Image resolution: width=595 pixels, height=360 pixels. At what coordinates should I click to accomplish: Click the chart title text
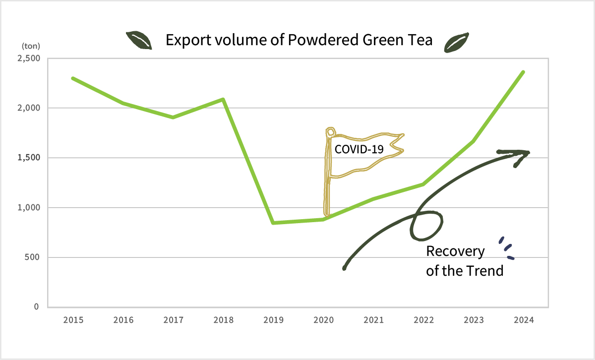point(299,40)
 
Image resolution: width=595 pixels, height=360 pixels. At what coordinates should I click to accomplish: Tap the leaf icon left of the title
point(139,40)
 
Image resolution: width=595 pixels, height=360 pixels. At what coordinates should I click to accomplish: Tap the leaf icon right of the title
point(457,42)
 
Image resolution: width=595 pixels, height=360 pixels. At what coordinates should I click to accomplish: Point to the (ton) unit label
point(30,46)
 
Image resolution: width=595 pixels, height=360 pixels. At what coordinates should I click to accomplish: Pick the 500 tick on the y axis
point(33,257)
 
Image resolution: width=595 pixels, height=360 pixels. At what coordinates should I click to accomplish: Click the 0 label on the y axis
point(37,307)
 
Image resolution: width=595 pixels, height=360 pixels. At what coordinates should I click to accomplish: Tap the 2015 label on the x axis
point(73,320)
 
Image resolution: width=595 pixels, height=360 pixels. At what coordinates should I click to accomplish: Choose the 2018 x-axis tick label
point(223,320)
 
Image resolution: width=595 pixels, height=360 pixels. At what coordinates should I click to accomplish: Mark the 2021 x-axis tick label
point(373,320)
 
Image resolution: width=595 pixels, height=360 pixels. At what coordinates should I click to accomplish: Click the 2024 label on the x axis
point(524,320)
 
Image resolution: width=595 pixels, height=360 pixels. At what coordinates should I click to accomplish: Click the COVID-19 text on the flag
point(359,149)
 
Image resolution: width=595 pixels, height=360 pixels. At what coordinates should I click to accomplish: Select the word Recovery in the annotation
point(455,251)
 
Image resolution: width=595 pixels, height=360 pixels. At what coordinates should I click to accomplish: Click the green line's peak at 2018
point(223,99)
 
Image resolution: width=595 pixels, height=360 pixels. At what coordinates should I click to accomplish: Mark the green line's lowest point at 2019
point(273,223)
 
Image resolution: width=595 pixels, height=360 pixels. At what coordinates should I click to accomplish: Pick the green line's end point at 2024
point(524,72)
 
